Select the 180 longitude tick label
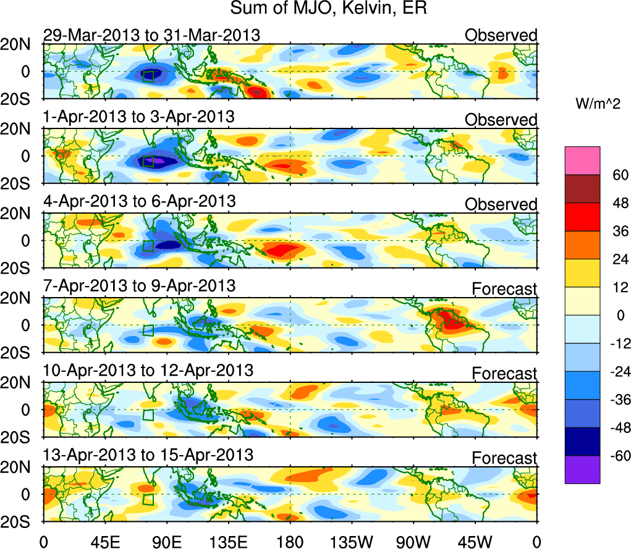pos(290,542)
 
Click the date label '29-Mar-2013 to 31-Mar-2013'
pos(151,35)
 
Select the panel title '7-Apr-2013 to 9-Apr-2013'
pos(139,286)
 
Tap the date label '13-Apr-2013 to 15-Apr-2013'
pos(148,455)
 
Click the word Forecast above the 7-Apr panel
pos(504,288)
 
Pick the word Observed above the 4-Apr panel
pos(501,204)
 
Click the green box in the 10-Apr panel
pos(148,414)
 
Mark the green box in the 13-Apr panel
pos(148,498)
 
